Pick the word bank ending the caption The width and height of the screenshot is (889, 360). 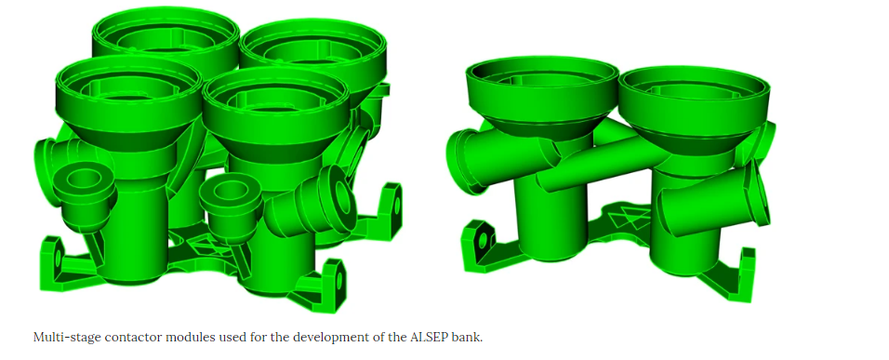[469, 338]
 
